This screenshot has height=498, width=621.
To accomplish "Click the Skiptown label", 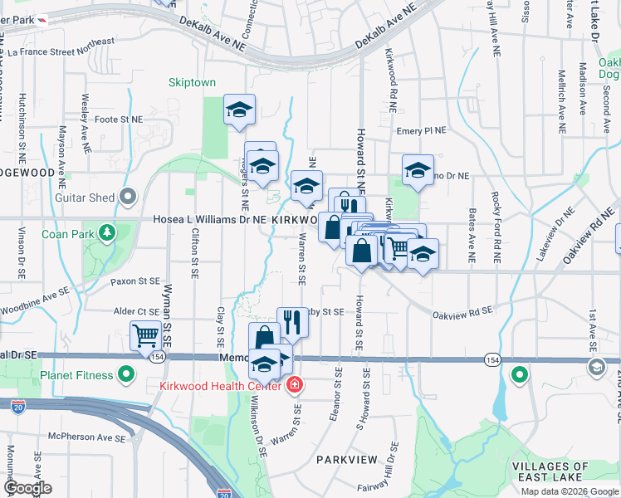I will [x=192, y=83].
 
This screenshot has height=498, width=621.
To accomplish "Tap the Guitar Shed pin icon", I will [x=127, y=197].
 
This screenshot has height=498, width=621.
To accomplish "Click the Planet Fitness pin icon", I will [x=126, y=375].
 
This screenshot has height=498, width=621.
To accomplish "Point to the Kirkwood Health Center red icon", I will [x=293, y=385].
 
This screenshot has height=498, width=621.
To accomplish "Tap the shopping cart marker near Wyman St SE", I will [x=145, y=335].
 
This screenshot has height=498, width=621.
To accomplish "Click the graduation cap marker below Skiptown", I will [x=239, y=110].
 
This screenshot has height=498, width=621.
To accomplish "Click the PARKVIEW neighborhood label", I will [x=347, y=459].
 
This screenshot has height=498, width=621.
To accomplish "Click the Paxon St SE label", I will [x=135, y=282].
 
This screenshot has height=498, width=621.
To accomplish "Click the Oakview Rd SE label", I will [x=462, y=312].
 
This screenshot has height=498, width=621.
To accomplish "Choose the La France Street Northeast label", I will [x=61, y=51].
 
